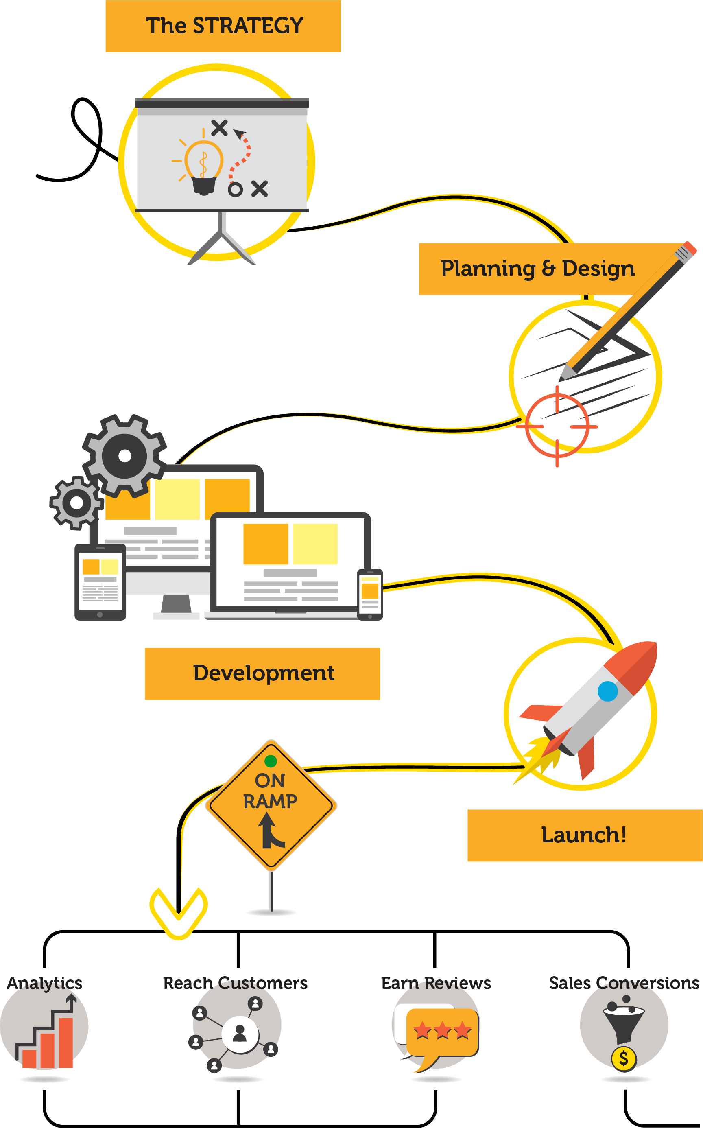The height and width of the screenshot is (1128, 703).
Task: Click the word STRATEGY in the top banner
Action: click(x=248, y=26)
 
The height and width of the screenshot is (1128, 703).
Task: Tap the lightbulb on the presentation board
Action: click(x=203, y=166)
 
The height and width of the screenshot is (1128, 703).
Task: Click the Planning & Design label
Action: click(x=537, y=269)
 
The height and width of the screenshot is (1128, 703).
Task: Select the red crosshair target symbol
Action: click(x=557, y=426)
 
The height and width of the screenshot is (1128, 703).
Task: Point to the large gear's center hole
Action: click(x=124, y=456)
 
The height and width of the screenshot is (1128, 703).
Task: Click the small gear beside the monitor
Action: click(x=76, y=502)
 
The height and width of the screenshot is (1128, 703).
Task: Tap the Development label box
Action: click(x=262, y=673)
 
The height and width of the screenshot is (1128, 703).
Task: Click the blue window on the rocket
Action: click(x=608, y=691)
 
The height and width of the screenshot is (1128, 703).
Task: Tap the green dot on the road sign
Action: click(x=271, y=761)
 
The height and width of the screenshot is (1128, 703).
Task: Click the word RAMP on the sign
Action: click(x=270, y=801)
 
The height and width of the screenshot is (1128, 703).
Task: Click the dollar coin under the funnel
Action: click(x=624, y=1059)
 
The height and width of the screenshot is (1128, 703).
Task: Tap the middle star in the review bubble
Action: click(x=442, y=1030)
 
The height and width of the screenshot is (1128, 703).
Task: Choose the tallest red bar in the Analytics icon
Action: click(x=65, y=1043)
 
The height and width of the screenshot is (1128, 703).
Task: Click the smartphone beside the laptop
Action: click(x=370, y=594)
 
